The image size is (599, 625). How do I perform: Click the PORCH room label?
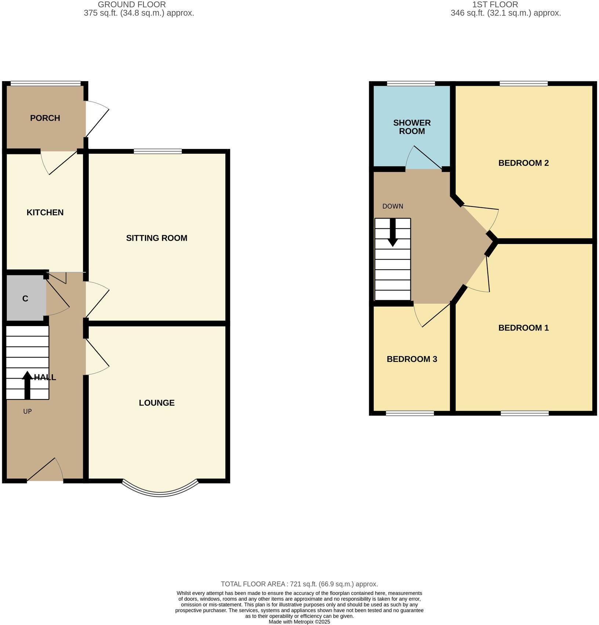click(45, 118)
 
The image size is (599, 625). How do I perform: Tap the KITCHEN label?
click(45, 212)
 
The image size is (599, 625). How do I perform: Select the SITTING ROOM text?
click(157, 238)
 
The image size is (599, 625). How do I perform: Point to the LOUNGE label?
click(157, 403)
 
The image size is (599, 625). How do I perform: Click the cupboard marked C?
click(25, 299)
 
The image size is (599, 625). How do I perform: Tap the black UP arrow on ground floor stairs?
click(27, 385)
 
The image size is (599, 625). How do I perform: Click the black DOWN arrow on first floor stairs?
click(393, 233)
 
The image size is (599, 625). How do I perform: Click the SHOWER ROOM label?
click(412, 127)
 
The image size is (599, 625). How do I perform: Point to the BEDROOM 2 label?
click(523, 163)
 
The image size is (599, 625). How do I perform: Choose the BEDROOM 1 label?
click(523, 328)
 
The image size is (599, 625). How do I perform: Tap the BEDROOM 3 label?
click(412, 359)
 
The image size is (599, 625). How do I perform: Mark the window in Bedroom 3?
click(410, 413)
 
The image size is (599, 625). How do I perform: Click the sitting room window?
click(158, 151)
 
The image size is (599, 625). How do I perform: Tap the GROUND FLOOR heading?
click(132, 5)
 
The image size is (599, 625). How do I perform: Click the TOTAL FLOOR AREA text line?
click(299, 584)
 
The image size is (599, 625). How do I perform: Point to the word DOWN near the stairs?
click(393, 206)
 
